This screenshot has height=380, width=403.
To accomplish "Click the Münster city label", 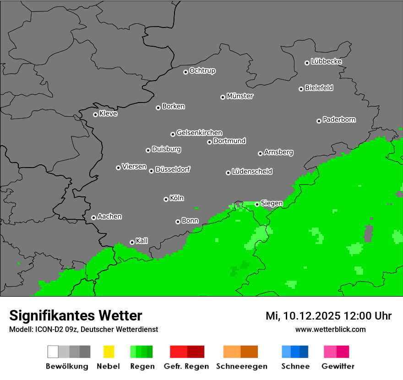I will (240, 96).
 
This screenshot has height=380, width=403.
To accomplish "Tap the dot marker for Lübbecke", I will (307, 63).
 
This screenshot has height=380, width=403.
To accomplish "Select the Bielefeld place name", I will (319, 88).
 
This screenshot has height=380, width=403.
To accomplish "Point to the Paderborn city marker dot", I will (319, 121).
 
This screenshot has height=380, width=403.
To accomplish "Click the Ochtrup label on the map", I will (202, 71).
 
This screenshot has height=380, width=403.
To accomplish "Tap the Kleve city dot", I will (95, 114).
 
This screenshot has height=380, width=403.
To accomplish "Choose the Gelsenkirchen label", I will (200, 133).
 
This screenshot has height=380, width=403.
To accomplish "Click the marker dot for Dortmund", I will (209, 142).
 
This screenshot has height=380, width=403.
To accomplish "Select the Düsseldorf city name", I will (173, 169).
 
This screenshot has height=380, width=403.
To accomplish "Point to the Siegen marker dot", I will (257, 204).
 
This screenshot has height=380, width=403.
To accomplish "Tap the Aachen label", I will (109, 217).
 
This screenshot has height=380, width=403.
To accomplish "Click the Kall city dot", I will (132, 242).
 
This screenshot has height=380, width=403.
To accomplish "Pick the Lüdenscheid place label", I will (252, 172).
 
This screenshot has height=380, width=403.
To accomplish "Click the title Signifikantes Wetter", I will (76, 315).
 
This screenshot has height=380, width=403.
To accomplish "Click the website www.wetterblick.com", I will (330, 329).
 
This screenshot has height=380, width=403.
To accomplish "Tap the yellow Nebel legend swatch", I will (109, 352).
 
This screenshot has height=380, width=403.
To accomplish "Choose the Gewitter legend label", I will (338, 366).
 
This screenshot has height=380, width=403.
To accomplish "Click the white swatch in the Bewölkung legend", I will (53, 352).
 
